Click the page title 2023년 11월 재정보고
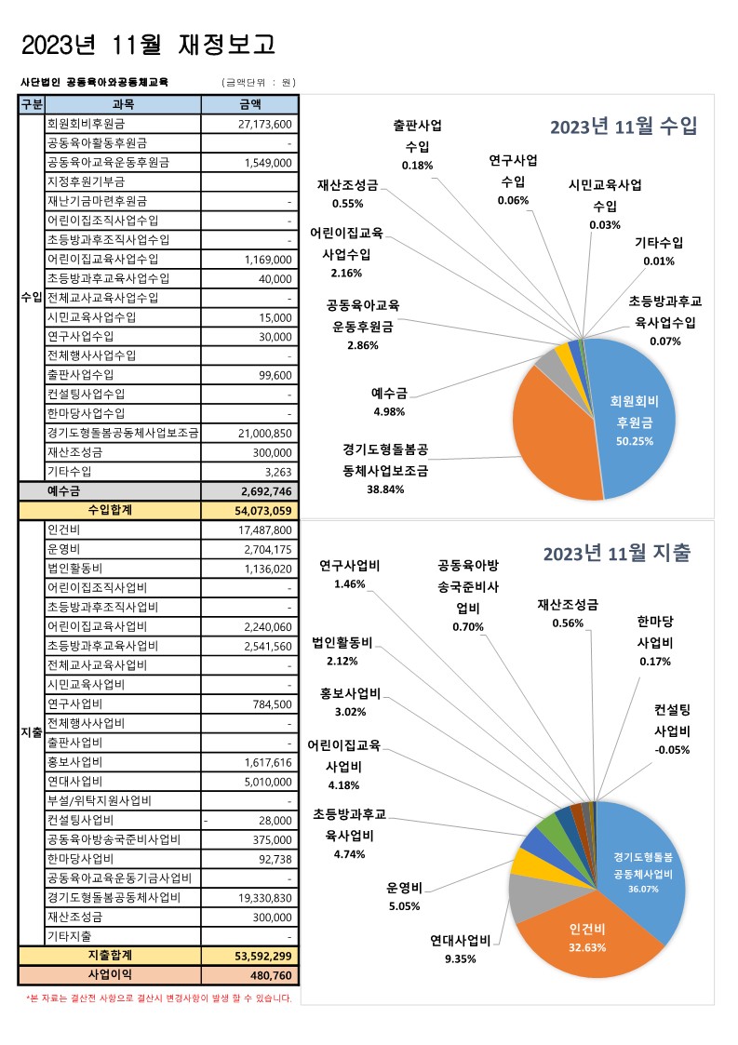click(x=148, y=45)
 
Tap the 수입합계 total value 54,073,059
click(x=264, y=510)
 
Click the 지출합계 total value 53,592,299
click(x=264, y=956)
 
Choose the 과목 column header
click(x=123, y=104)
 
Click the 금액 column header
click(x=249, y=104)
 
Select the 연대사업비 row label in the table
click(x=74, y=781)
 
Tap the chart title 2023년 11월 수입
click(x=623, y=127)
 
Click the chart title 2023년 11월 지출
click(x=616, y=554)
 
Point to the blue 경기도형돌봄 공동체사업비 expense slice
click(x=642, y=864)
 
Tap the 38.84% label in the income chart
click(x=384, y=489)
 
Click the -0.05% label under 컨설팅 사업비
click(x=671, y=750)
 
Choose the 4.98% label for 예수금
click(x=388, y=411)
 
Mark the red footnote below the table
click(x=158, y=998)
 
